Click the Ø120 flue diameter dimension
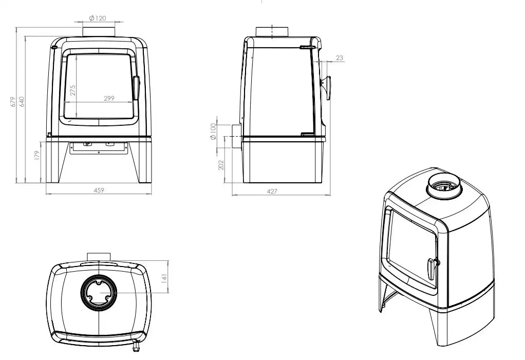[x=98, y=18]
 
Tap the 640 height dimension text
[x=22, y=102]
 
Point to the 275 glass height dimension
[x=73, y=90]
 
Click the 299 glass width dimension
[x=109, y=98]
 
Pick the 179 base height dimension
[x=37, y=155]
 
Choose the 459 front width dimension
[x=99, y=191]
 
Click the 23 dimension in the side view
[x=340, y=58]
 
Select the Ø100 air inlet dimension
[x=213, y=131]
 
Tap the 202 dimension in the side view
[x=221, y=165]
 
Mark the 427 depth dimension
[x=272, y=192]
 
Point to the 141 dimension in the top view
[x=164, y=278]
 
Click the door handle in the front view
[x=136, y=88]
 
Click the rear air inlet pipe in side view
[x=235, y=137]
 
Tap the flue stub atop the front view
[x=99, y=31]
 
